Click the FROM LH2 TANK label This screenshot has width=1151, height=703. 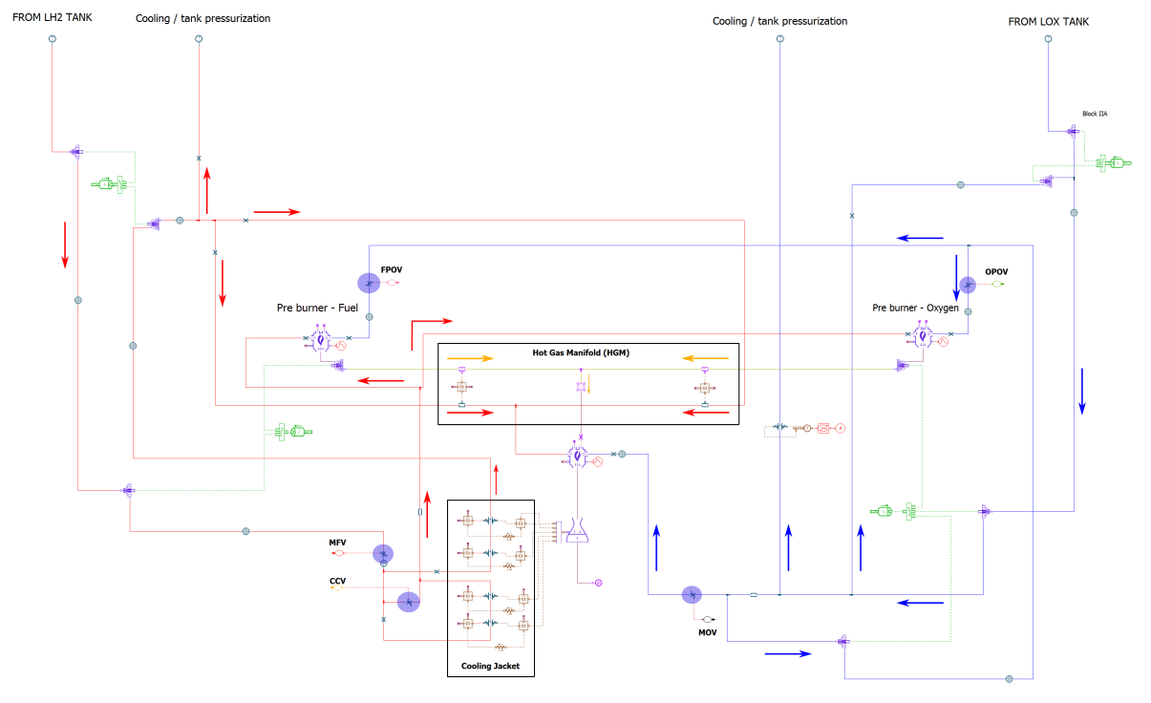52,17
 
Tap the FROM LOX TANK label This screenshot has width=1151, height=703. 1048,21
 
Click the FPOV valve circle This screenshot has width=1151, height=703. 369,283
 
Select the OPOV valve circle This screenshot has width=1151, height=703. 968,285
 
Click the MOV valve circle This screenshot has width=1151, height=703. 692,595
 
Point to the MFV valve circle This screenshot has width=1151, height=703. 382,554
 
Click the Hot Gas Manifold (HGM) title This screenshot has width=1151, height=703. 581,352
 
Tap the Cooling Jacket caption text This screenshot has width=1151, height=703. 490,666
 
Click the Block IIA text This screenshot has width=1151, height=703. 1095,114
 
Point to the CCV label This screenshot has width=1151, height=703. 337,579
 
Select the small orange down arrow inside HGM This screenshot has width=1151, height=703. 589,385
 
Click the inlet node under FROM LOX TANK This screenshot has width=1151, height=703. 1048,38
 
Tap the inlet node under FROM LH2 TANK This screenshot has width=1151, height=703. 52,38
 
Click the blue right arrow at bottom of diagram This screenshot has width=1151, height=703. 788,654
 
